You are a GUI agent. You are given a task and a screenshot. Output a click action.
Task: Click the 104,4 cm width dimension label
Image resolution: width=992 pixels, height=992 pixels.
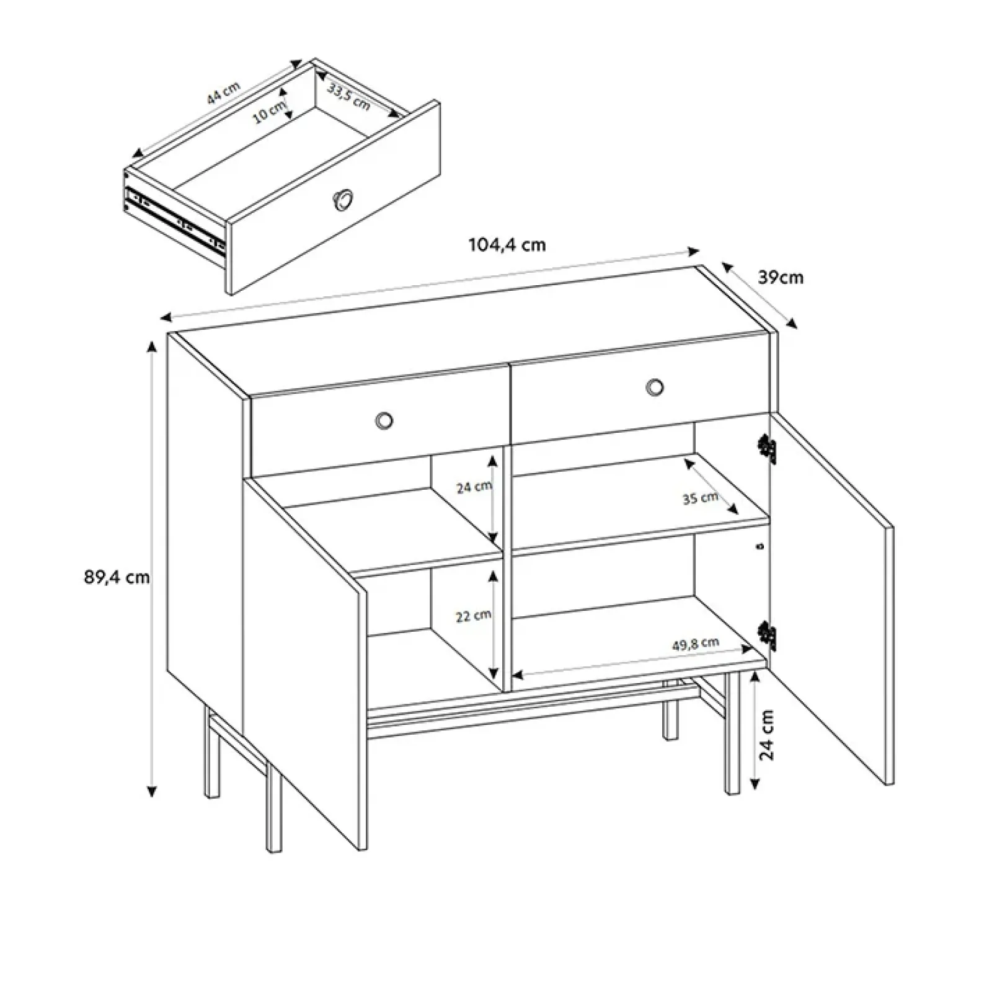click(x=507, y=244)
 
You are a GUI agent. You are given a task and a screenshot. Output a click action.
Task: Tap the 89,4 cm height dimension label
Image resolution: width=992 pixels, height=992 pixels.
click(x=117, y=577)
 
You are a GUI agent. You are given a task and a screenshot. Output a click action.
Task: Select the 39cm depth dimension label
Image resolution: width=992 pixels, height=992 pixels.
click(x=781, y=278)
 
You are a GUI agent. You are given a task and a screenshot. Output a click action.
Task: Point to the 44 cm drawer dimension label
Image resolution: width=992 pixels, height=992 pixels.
click(x=223, y=93)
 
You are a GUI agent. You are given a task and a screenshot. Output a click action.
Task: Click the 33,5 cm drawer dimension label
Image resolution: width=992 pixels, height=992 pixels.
click(x=349, y=97)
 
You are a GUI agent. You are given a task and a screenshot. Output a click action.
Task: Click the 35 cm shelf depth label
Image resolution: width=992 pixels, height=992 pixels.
click(x=701, y=498)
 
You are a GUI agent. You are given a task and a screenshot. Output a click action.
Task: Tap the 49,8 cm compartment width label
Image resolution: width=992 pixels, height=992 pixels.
click(x=696, y=644)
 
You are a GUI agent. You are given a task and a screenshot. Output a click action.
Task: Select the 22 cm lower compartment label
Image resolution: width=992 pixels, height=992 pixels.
click(x=474, y=616)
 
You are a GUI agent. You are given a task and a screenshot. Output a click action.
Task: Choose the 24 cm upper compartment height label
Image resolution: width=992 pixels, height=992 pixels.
click(x=474, y=487)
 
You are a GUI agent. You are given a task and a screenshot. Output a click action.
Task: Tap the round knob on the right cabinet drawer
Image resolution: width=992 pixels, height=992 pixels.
click(x=654, y=387)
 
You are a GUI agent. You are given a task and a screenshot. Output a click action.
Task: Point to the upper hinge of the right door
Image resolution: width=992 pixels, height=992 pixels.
click(x=768, y=448)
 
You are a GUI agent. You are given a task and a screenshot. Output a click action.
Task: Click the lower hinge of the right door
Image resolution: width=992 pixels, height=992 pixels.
click(x=768, y=635)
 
